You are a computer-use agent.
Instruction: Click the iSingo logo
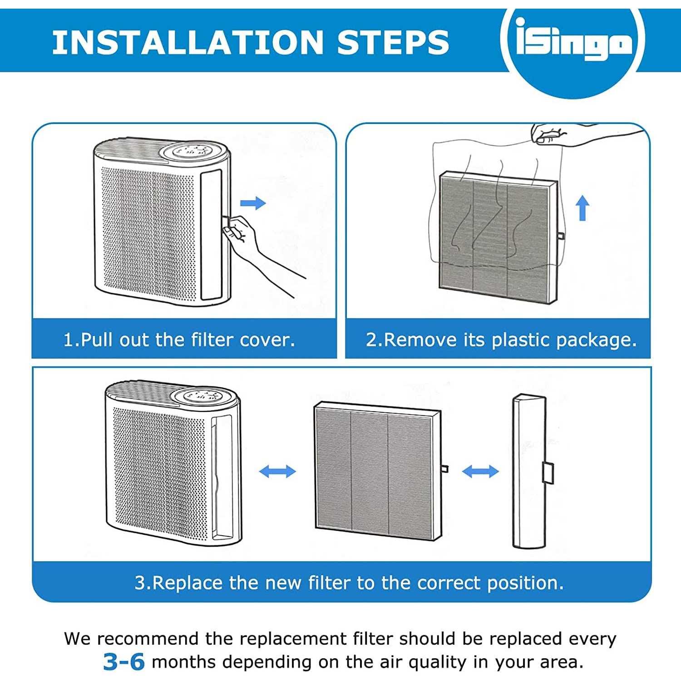573,43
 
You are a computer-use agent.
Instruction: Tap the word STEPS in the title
393,42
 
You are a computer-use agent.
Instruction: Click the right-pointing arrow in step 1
253,203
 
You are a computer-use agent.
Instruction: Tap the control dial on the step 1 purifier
195,151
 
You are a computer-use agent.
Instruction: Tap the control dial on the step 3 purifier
205,395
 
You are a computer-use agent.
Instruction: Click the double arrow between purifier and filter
277,471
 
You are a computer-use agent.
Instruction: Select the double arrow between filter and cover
480,471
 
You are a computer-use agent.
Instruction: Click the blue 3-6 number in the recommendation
123,662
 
